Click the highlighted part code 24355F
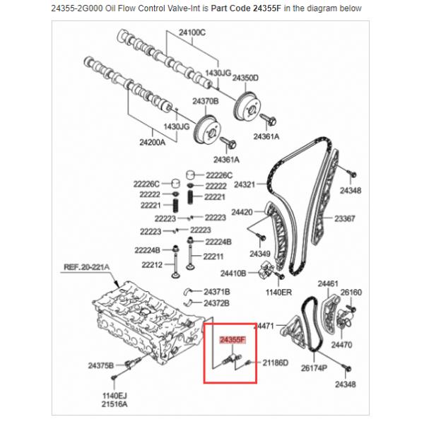[x=232, y=340]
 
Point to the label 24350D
[x=246, y=78]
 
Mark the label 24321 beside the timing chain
[x=244, y=184]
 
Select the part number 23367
[x=345, y=218]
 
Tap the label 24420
[x=242, y=212]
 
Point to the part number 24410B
[x=233, y=272]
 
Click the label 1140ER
[x=278, y=291]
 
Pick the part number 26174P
[x=314, y=367]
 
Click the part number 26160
[x=351, y=292]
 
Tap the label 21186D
[x=275, y=363]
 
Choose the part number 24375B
[x=100, y=365]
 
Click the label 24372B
[x=216, y=302]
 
